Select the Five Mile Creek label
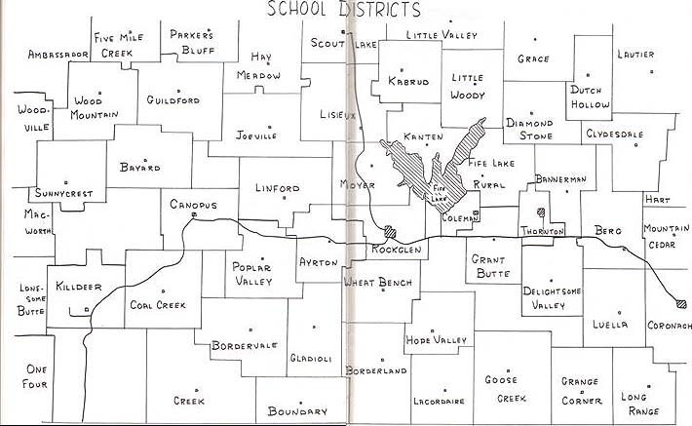click(x=119, y=44)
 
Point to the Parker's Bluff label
click(x=191, y=42)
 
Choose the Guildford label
click(x=173, y=100)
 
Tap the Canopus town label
click(x=191, y=205)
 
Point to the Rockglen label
click(x=395, y=251)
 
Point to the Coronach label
click(x=669, y=326)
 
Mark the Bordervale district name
click(x=245, y=345)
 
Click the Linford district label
click(x=277, y=188)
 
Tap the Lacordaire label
click(x=438, y=401)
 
